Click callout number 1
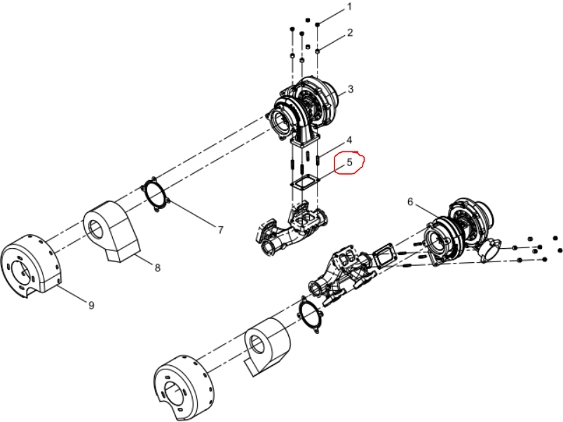click(x=350, y=7)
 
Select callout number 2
click(x=350, y=33)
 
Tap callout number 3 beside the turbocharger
click(x=351, y=88)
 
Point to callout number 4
click(x=349, y=140)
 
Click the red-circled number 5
click(x=349, y=162)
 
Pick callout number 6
click(x=410, y=202)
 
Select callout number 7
click(x=220, y=230)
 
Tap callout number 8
click(x=157, y=267)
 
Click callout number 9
click(x=91, y=305)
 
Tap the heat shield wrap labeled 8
click(x=111, y=231)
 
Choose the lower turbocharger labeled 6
click(x=460, y=233)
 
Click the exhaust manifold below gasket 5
click(x=292, y=229)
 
